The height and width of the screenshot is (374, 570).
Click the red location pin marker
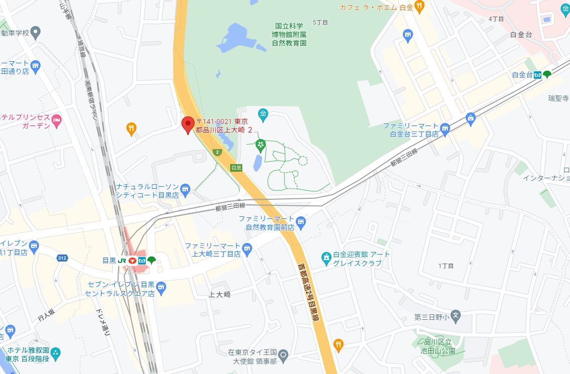(x=188, y=124)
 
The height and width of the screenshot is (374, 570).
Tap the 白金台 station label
(x=521, y=75)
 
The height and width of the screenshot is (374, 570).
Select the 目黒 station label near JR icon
(x=109, y=261)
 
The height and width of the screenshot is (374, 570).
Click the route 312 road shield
(x=62, y=258)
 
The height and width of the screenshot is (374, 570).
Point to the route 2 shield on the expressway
(x=217, y=152)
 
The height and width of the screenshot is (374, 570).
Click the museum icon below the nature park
(x=263, y=115)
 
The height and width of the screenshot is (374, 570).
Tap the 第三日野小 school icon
(x=455, y=316)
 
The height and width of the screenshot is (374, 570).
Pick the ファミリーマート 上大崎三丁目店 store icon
(x=246, y=248)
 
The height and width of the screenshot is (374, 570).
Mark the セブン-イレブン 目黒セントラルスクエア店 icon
(x=161, y=287)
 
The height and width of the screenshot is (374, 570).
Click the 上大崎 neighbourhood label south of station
(x=219, y=294)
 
